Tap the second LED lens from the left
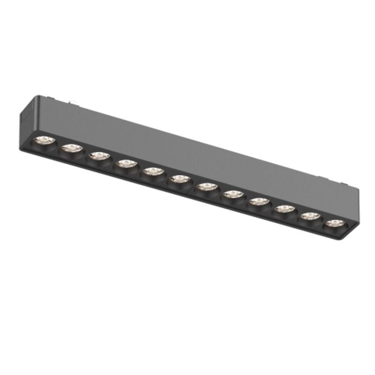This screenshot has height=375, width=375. point(72,148)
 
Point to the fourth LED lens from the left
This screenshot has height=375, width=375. point(126,164)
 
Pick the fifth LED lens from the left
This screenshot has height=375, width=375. point(153,172)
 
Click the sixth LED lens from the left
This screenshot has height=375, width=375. point(180,179)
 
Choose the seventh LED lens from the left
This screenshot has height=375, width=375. point(206,187)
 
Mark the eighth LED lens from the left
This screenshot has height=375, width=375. point(233,194)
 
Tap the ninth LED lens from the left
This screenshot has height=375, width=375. point(259,202)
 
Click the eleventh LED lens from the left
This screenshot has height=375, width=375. point(310,216)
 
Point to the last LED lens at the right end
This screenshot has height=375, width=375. point(335,223)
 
